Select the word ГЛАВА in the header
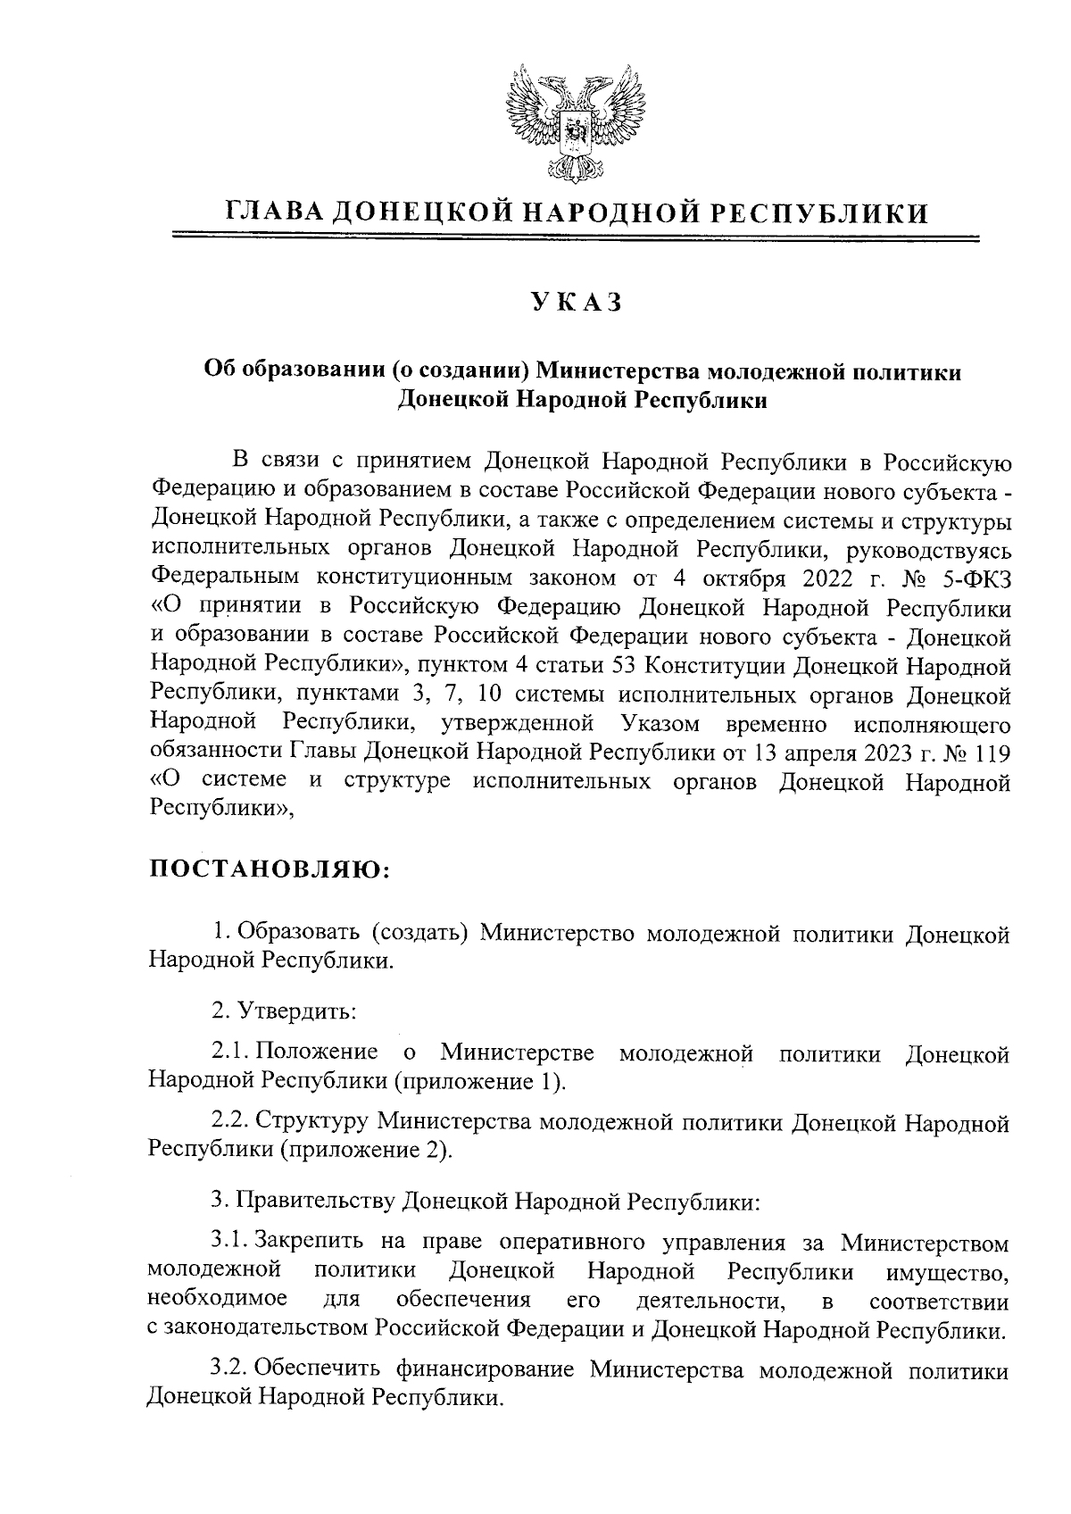(270, 212)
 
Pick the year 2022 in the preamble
(829, 578)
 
